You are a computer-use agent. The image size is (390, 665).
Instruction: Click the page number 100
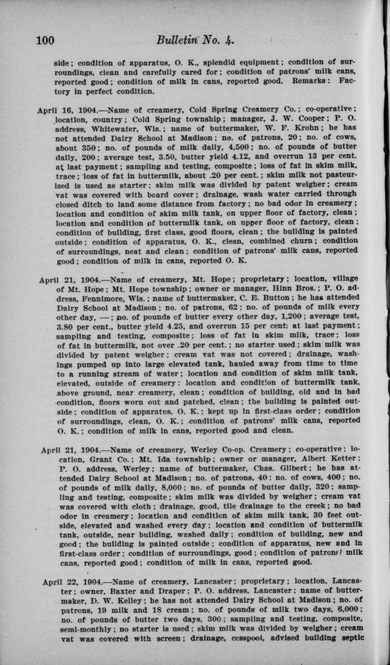(x=45, y=40)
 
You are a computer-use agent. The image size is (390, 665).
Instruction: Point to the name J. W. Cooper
(x=294, y=119)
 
